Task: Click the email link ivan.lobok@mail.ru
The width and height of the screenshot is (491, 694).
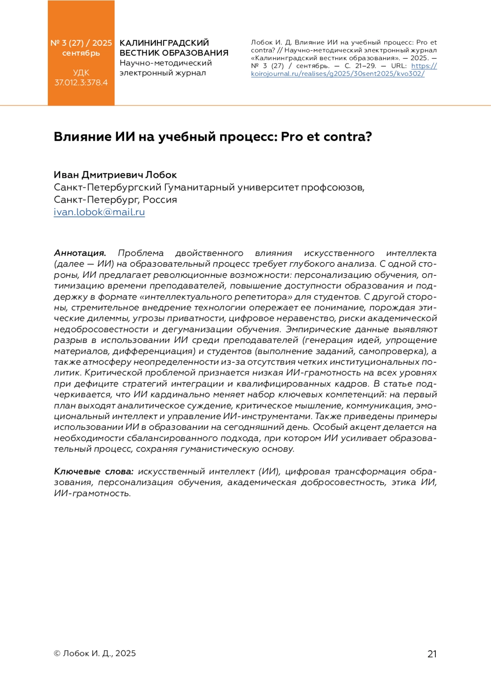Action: pos(99,212)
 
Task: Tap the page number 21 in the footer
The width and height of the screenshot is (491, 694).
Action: pos(432,654)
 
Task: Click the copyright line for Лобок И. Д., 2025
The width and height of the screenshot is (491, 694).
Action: pos(95,653)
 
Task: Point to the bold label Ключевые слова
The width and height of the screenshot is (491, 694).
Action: pos(94,471)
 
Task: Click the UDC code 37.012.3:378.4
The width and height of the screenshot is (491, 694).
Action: pos(81,82)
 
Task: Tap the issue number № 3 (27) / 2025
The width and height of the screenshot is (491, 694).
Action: pos(81,43)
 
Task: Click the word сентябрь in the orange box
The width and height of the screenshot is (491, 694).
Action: pos(81,53)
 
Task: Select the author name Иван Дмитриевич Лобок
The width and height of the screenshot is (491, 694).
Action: pos(115,175)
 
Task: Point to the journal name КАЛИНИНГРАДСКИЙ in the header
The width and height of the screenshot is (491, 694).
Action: pos(164,43)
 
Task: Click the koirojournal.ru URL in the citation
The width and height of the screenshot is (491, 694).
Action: pos(338,74)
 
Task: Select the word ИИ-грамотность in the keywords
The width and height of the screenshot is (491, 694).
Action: pos(92,493)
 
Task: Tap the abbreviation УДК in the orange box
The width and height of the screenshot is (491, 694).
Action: pos(81,73)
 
